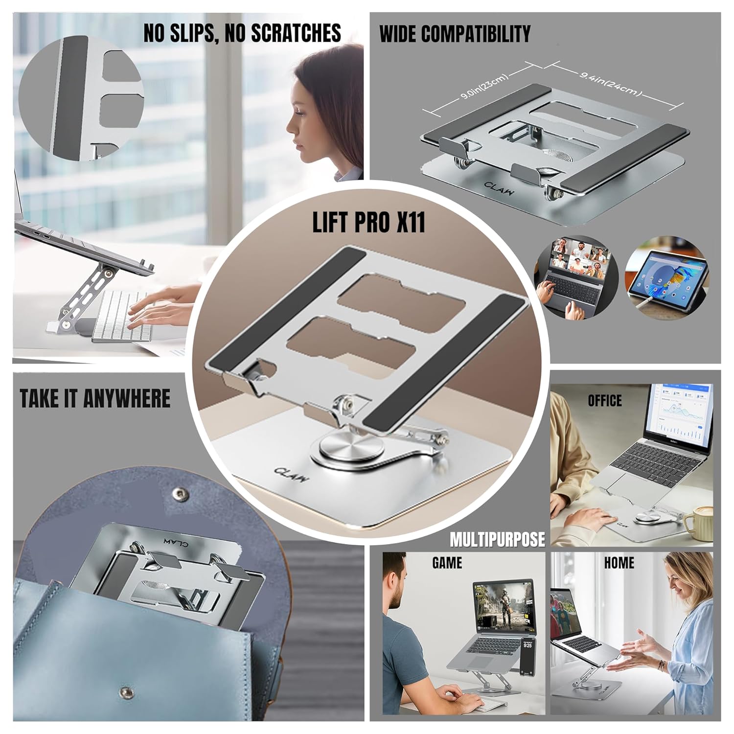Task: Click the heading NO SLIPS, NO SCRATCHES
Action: pyautogui.click(x=242, y=33)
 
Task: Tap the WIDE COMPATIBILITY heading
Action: pyautogui.click(x=455, y=34)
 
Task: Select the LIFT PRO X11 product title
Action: pyautogui.click(x=368, y=222)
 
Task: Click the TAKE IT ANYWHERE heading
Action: pyautogui.click(x=95, y=398)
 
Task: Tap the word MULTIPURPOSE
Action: pyautogui.click(x=497, y=539)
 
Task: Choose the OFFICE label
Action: pyautogui.click(x=605, y=401)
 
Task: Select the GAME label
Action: pyautogui.click(x=447, y=563)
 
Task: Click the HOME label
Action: pyautogui.click(x=619, y=563)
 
